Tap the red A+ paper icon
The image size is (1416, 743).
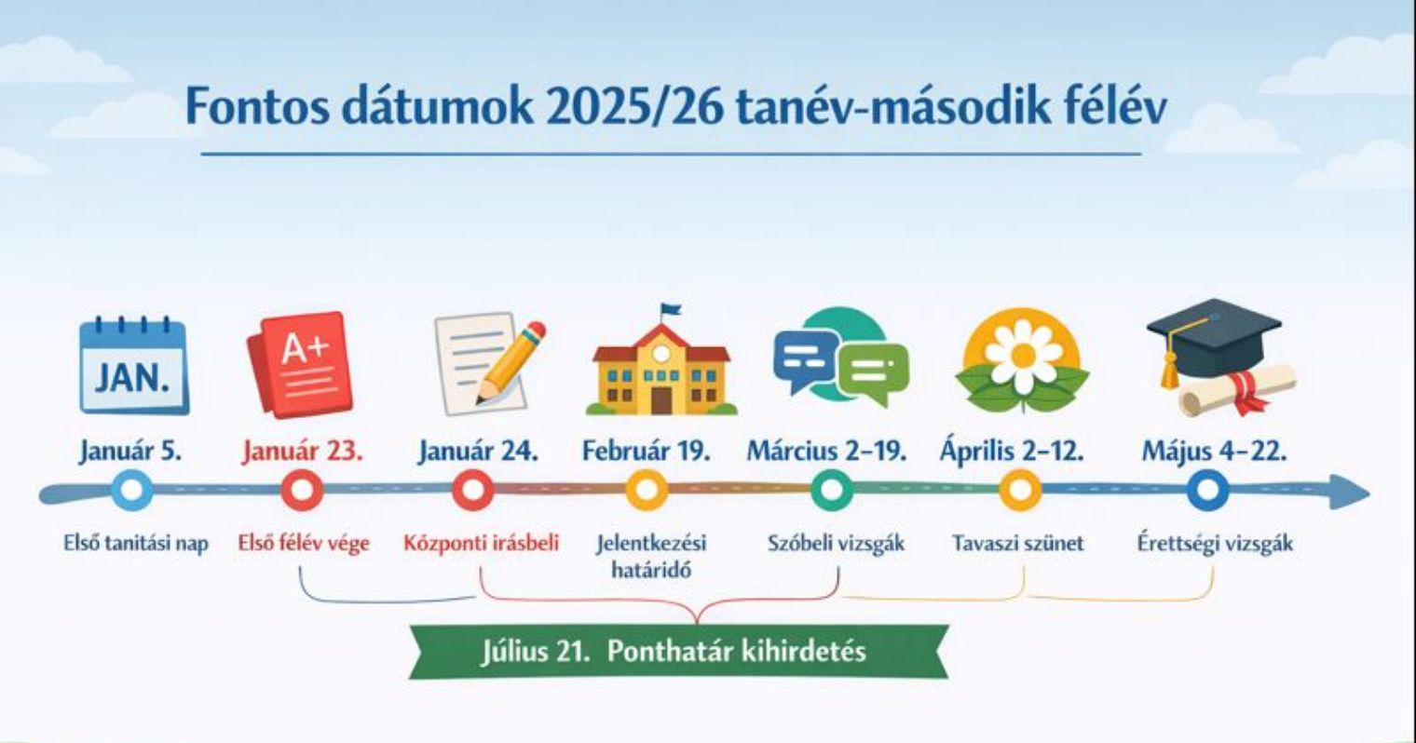[301, 364]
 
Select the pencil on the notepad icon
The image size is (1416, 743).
[510, 363]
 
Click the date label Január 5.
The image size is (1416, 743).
[130, 452]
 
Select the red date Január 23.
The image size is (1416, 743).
[303, 452]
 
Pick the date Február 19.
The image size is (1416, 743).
[647, 452]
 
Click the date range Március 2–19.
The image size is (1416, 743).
[827, 452]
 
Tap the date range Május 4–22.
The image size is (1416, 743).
[1215, 452]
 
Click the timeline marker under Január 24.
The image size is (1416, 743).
[473, 491]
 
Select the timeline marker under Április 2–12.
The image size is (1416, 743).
[1020, 491]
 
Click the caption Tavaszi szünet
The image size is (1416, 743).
[1017, 544]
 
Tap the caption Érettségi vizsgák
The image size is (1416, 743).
[1215, 544]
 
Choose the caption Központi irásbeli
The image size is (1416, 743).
[482, 544]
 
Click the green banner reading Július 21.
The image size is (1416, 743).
[679, 652]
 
